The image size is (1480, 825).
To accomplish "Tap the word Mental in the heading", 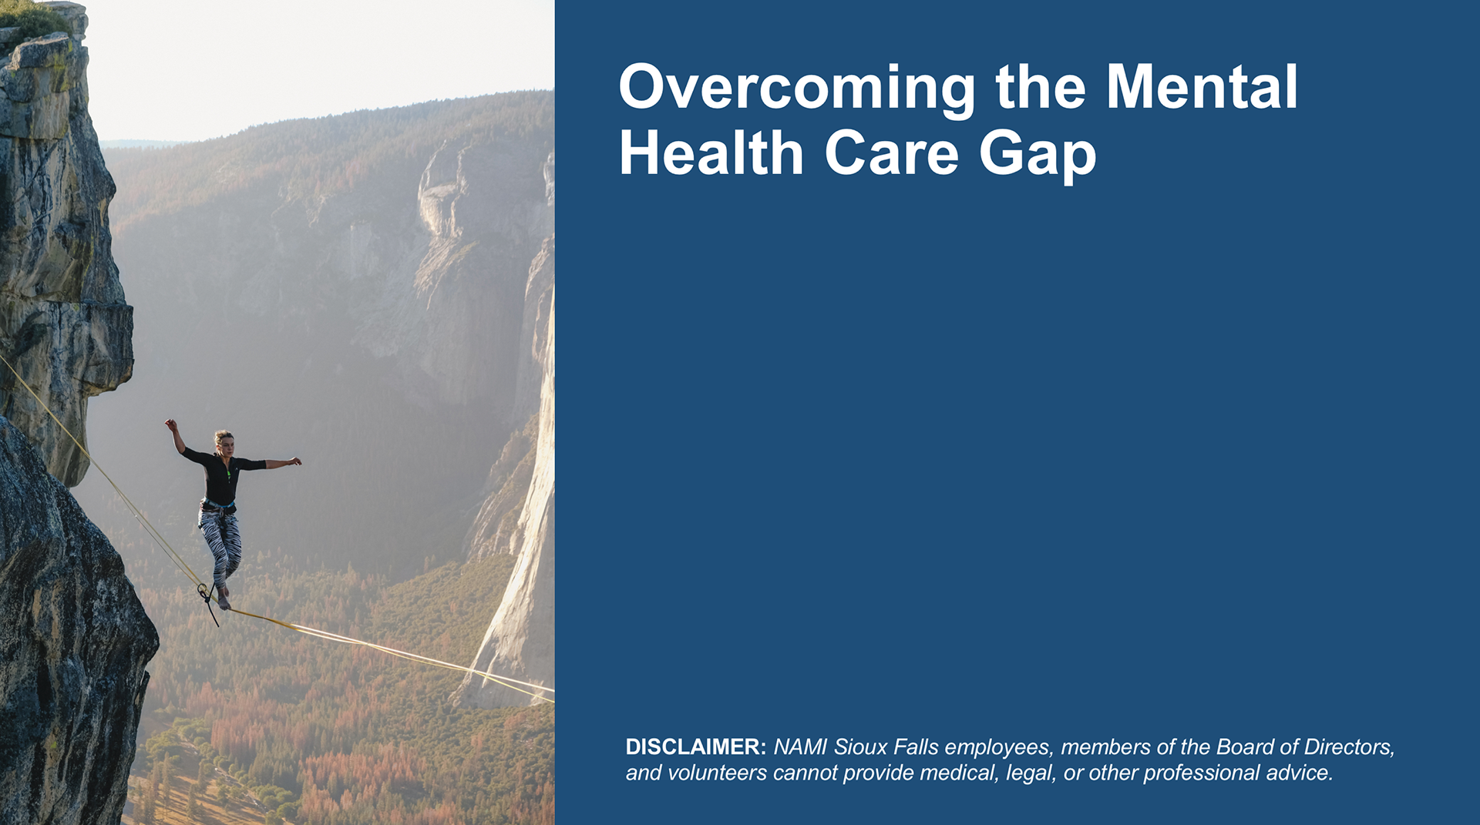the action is pyautogui.click(x=1202, y=86).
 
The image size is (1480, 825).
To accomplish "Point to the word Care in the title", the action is pyautogui.click(x=892, y=153).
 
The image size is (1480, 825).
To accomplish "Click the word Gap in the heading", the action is pyautogui.click(x=1038, y=156).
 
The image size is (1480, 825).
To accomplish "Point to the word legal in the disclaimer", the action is pyautogui.click(x=1031, y=773).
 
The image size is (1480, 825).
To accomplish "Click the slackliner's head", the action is pyautogui.click(x=224, y=441).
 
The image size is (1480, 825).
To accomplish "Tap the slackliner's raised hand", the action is pyautogui.click(x=170, y=424).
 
